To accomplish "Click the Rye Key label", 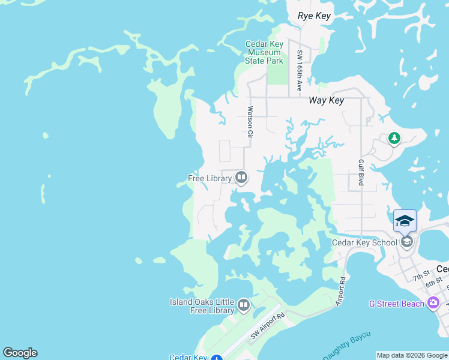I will tap(315, 16).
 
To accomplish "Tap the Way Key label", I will tap(326, 100).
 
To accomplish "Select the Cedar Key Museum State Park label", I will tap(264, 52).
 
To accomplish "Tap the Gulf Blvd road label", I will tap(361, 172).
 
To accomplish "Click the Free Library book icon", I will tap(241, 177).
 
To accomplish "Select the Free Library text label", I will tap(209, 178).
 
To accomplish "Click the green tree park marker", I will tap(394, 139).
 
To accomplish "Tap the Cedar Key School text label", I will tap(364, 242).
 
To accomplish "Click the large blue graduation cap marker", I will tap(405, 220).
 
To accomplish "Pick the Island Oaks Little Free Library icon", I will tap(244, 305).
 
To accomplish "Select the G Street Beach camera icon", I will tap(433, 303).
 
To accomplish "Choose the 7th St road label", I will tap(421, 277).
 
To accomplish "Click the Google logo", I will tap(20, 353).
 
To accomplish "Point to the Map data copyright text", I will tap(412, 355).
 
